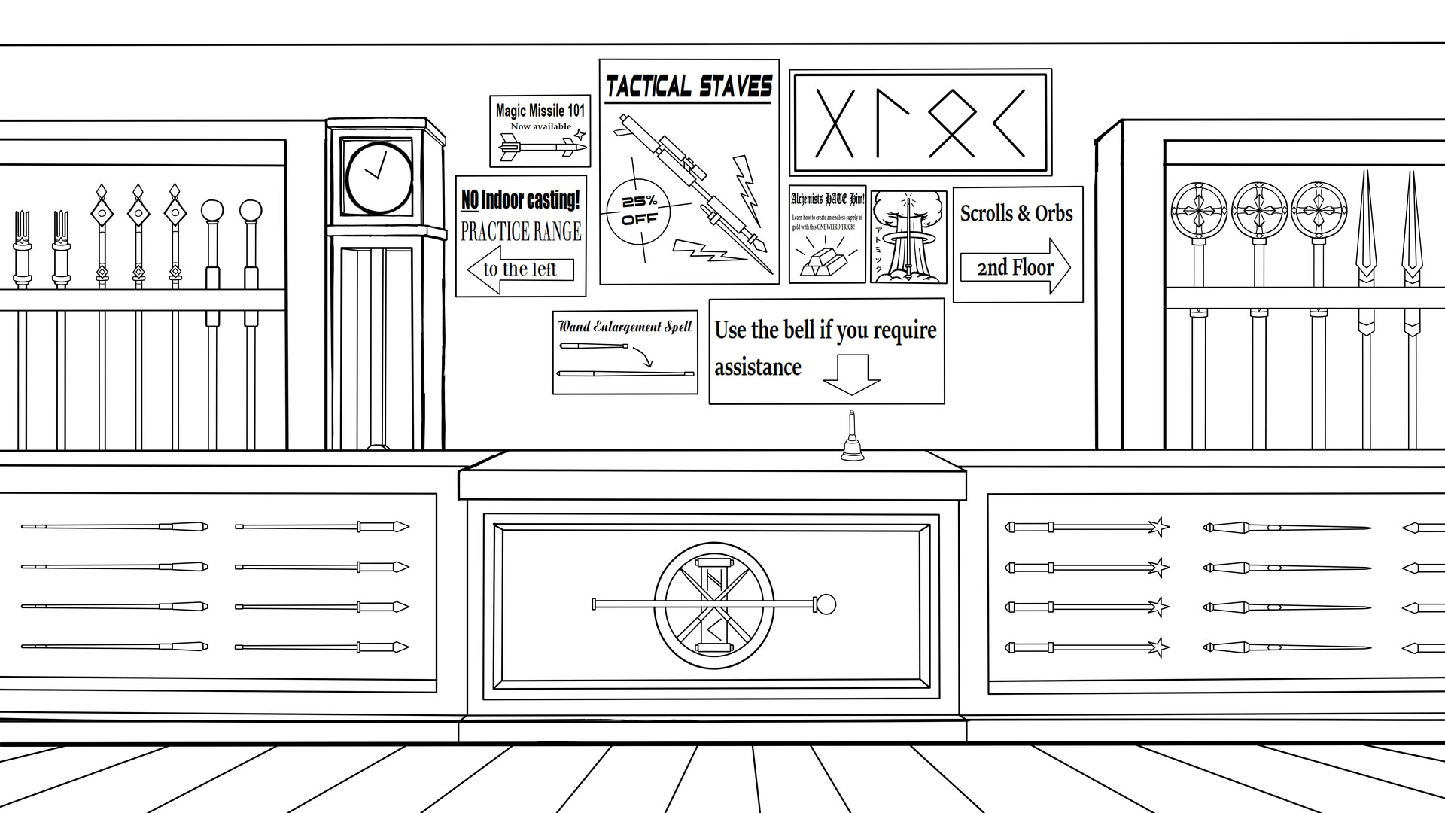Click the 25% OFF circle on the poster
pos(638,211)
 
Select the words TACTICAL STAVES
pos(689,87)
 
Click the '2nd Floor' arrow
pos(1015,267)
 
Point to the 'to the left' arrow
pos(520,269)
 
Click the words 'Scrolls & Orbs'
pos(1016,214)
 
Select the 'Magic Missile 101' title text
pos(540,111)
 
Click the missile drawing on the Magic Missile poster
pos(542,148)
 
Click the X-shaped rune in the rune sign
pos(835,123)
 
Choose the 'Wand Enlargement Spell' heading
pos(625,327)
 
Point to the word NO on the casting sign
pos(470,200)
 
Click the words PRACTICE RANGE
pos(521,231)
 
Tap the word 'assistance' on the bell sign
pos(758,367)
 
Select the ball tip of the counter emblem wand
pos(826,604)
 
